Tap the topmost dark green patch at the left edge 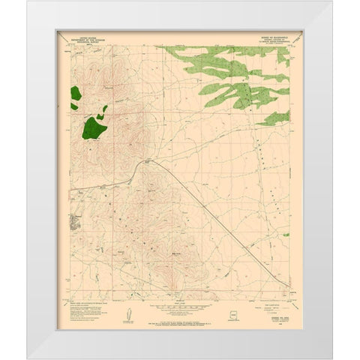point(76,94)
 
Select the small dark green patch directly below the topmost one point(74,106)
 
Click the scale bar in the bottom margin point(180,306)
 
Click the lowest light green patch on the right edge point(275,117)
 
